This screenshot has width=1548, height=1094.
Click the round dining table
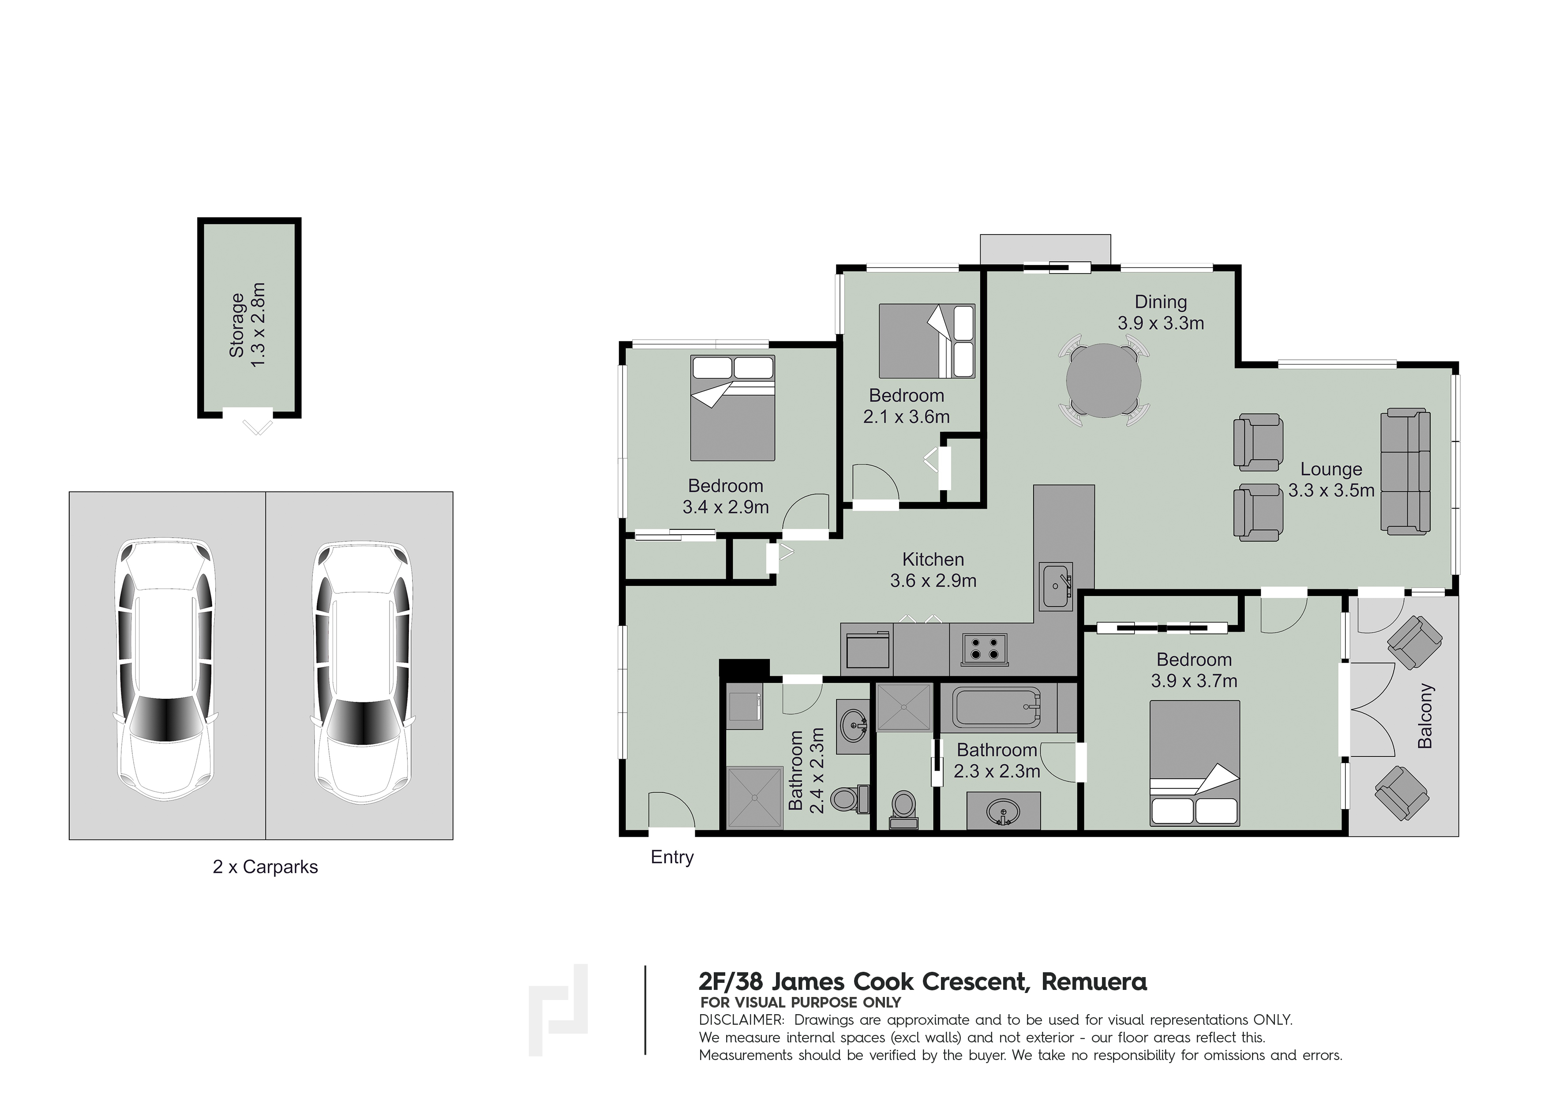click(1104, 381)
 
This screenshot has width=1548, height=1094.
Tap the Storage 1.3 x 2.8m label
click(247, 325)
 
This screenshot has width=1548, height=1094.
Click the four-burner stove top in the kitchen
click(984, 649)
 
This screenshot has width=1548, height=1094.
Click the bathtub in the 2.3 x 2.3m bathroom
click(997, 707)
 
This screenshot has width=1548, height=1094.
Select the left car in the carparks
click(166, 669)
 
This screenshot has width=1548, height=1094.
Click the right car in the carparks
click(363, 669)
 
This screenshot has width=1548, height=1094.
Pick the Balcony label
click(1425, 716)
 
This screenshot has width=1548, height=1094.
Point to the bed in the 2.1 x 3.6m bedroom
click(926, 341)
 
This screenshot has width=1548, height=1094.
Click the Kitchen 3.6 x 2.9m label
click(933, 569)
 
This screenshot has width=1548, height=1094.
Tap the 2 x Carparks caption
click(265, 867)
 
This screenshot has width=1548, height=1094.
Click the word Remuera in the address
click(1094, 982)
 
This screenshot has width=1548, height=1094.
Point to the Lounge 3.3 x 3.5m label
click(1331, 479)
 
